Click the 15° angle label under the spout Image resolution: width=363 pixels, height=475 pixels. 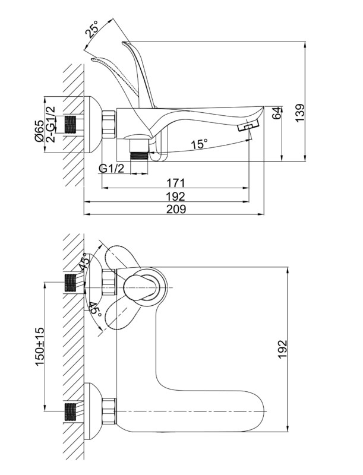[200, 144]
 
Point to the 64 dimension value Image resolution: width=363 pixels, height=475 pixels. [276, 114]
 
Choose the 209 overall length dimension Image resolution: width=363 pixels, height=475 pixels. [176, 209]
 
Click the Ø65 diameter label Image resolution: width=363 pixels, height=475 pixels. [39, 131]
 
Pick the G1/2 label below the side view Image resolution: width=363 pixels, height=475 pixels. [111, 168]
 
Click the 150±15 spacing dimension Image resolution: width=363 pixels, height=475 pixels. [40, 346]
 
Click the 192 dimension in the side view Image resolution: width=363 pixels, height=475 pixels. [176, 196]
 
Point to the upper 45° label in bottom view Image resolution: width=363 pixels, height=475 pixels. [87, 262]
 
